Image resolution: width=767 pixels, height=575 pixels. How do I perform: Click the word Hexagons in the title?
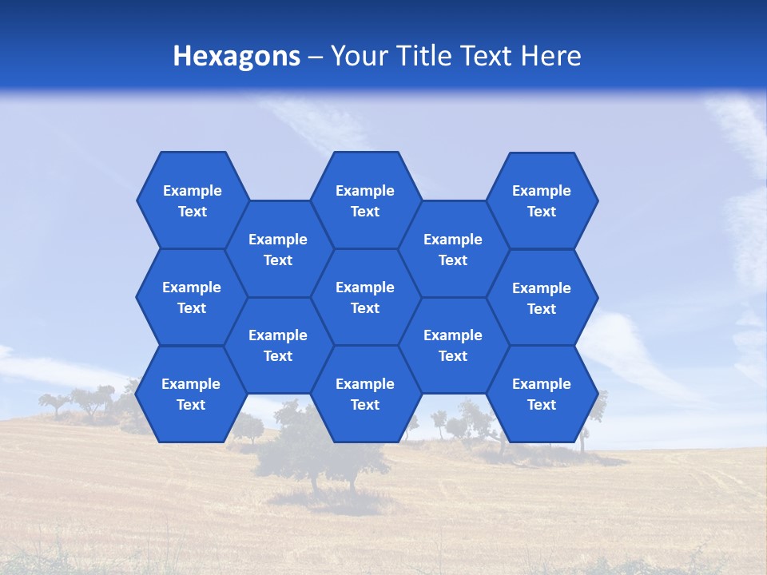236,56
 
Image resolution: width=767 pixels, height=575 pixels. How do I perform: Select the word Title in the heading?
423,56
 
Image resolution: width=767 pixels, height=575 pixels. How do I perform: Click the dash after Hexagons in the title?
315,57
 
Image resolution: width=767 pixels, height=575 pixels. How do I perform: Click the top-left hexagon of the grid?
193,200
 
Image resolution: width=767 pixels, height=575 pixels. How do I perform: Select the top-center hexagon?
365,200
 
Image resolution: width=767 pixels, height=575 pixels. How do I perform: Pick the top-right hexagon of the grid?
542,200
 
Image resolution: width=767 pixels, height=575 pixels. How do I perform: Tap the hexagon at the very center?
365,297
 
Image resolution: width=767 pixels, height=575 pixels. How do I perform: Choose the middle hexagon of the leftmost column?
192,297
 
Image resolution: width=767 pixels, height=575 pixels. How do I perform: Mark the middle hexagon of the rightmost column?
542,298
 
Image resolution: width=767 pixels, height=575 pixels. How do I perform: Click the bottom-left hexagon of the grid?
191,394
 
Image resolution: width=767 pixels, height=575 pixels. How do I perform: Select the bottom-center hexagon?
365,394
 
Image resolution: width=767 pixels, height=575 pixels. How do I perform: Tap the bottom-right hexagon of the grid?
542,394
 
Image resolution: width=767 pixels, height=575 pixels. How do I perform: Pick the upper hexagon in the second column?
278,249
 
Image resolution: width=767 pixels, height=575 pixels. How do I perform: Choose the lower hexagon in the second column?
278,345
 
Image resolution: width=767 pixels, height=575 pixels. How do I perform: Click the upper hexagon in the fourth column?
453,249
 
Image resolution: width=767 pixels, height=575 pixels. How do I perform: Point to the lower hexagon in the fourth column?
453,345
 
